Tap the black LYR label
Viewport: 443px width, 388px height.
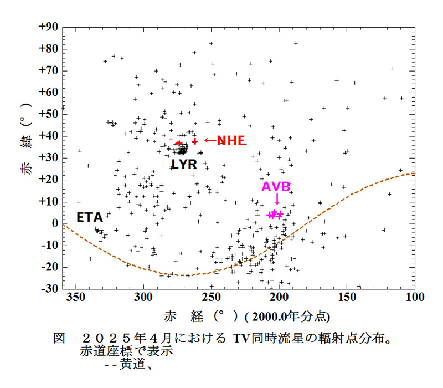pos(184,164)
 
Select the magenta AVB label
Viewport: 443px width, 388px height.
pos(276,186)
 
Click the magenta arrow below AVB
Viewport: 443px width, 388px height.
pos(277,200)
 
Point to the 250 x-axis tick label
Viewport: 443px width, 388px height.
pos(212,298)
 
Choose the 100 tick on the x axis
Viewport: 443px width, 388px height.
pos(415,298)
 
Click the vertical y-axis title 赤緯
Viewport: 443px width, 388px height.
pos(27,158)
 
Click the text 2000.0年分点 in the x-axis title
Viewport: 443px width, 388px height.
pos(289,316)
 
